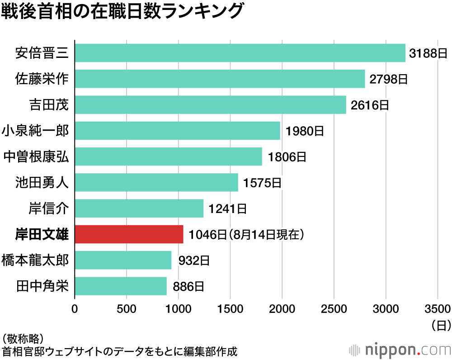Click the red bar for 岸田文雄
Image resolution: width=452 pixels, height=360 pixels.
[x=129, y=234]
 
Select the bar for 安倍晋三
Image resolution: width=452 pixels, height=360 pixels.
[x=240, y=53]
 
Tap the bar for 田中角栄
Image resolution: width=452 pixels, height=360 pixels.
[x=120, y=286]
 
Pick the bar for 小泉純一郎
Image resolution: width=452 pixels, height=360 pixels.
[x=177, y=131]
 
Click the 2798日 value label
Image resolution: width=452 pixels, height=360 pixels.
[x=389, y=79]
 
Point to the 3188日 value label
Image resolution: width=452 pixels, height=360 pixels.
[x=428, y=53]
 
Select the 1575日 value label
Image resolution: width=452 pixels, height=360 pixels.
[x=262, y=183]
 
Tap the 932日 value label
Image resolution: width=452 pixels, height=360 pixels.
[x=194, y=261]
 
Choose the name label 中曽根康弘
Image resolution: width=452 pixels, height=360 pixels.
[x=36, y=157]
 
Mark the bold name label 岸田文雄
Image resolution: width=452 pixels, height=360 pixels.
[x=42, y=235]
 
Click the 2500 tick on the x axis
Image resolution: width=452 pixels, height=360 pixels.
[x=334, y=309]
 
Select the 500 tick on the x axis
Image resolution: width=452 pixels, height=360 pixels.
[x=127, y=309]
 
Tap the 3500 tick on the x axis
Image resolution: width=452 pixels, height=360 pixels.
[x=438, y=309]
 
